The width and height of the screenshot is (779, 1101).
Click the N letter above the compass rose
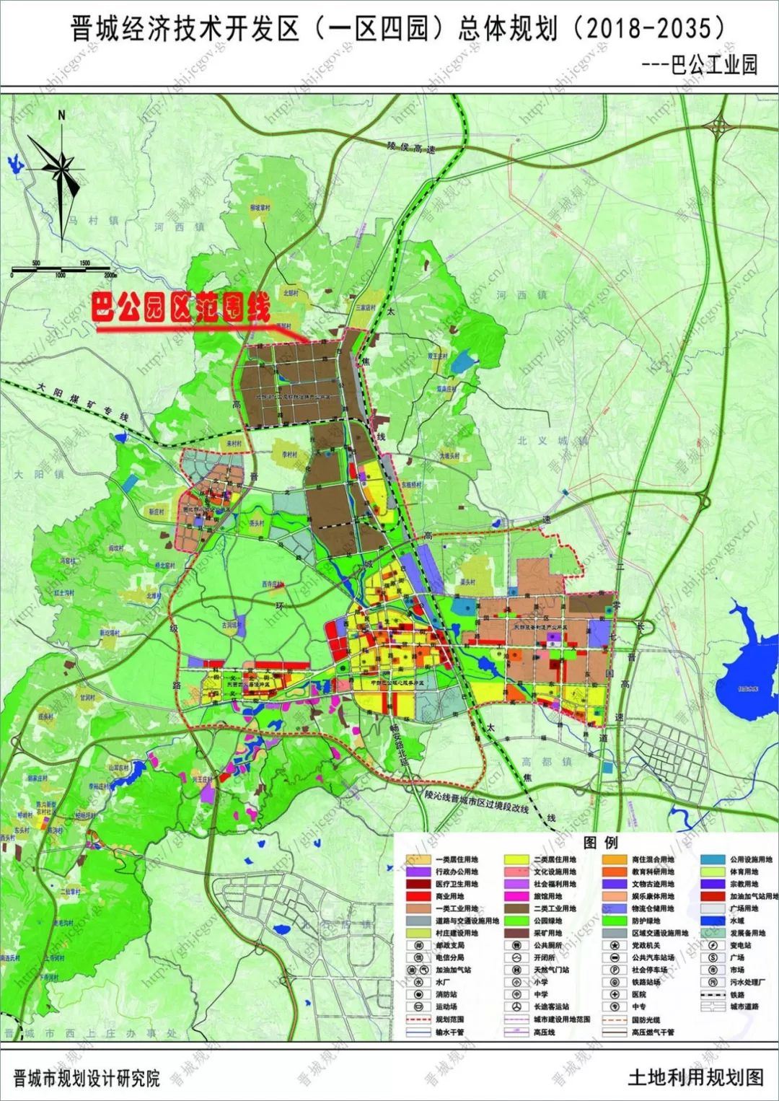pos(62,115)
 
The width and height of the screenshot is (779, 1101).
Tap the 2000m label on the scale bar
pos(110,275)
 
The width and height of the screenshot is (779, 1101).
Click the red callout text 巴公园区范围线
pos(180,309)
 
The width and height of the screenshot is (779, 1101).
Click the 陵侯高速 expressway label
pos(412,147)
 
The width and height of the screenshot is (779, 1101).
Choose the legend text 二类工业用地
pos(555,908)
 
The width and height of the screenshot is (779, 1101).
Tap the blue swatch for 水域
pos(713,921)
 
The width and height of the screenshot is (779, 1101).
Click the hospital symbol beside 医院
pos(615,994)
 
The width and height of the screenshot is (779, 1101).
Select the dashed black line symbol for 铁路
pos(713,994)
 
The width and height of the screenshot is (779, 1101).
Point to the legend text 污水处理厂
pos(747,982)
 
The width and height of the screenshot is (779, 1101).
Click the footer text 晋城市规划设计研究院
pos(87,1078)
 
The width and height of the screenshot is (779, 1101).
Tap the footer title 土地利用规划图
pos(695,1077)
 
